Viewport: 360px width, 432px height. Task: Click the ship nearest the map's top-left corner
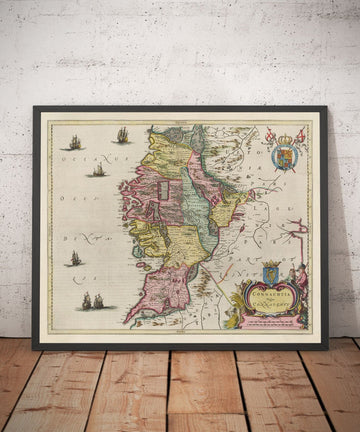[74, 144]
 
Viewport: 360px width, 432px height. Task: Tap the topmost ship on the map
[122, 135]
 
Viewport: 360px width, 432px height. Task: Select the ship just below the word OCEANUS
[98, 171]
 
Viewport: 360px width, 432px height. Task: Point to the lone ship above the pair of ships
[74, 258]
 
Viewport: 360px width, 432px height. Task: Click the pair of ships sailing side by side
[90, 300]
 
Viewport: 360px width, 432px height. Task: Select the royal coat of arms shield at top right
[285, 157]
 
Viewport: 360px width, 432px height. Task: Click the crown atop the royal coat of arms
[285, 139]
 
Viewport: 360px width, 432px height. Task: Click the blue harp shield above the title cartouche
[270, 274]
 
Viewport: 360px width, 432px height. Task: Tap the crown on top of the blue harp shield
[270, 263]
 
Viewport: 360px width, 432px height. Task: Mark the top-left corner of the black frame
[33, 106]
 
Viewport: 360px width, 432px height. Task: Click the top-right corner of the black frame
[327, 106]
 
